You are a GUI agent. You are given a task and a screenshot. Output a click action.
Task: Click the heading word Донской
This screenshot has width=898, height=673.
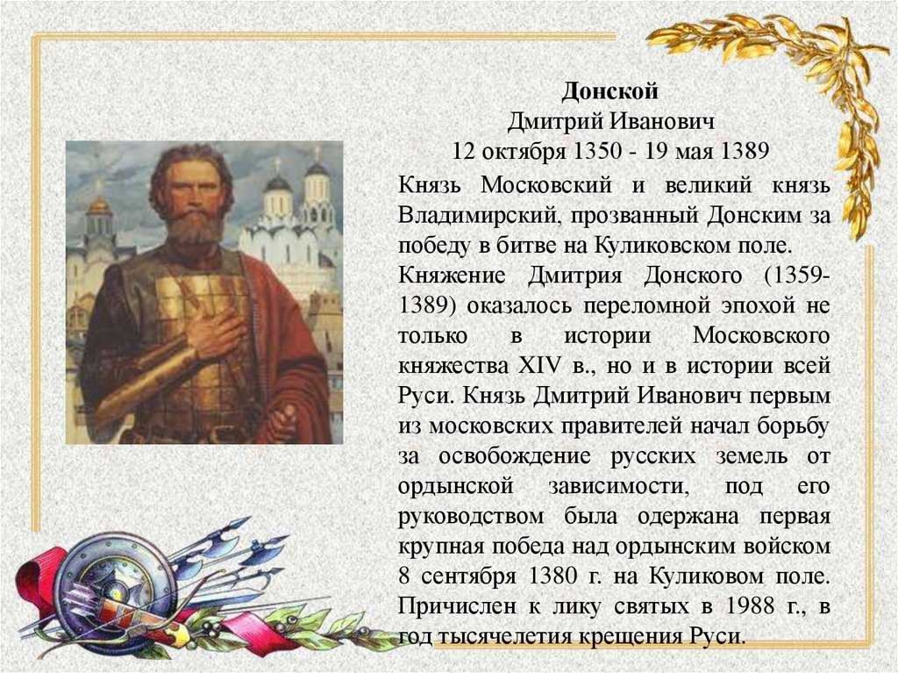coord(610,91)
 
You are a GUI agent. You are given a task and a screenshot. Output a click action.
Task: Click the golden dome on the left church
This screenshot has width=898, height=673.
coord(99,205)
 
